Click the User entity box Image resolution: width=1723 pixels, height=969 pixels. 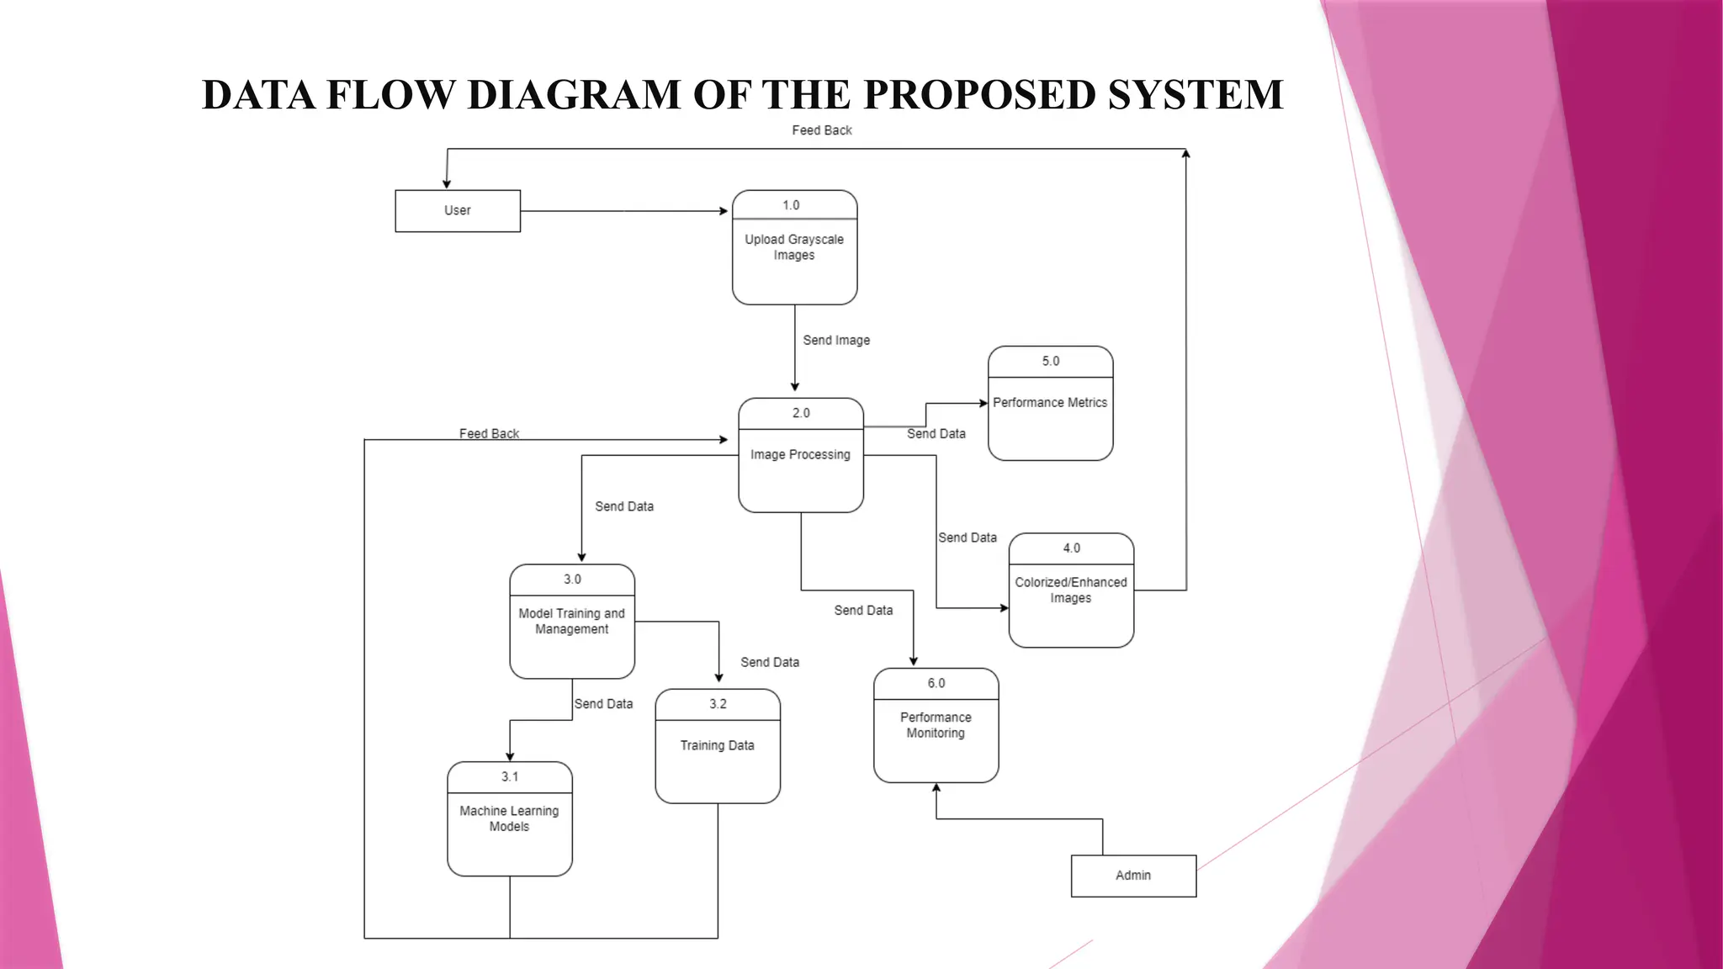tap(458, 210)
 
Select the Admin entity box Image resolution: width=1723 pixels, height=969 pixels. tap(1133, 876)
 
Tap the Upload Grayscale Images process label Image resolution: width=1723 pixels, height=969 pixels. tap(794, 247)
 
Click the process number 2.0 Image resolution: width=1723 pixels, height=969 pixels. tap(801, 413)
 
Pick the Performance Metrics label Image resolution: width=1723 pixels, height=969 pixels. tap(1050, 403)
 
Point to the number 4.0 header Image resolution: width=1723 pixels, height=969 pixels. tap(1071, 548)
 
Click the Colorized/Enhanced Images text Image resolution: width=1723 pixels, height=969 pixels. tap(1070, 590)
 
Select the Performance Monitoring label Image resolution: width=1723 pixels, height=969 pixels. tap(936, 725)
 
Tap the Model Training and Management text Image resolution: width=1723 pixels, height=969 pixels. tap(572, 622)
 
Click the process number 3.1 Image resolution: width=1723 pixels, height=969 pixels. tap(510, 777)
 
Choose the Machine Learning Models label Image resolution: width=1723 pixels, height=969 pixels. tap(509, 818)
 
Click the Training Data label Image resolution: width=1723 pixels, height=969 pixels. tap(717, 745)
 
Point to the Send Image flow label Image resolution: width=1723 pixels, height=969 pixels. tap(836, 341)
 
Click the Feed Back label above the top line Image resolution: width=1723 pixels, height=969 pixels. tap(822, 130)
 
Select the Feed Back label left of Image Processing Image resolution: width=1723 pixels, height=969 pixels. tap(489, 433)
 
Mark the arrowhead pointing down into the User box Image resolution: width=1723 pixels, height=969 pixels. tap(447, 183)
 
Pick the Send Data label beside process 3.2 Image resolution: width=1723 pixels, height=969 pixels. tap(770, 663)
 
